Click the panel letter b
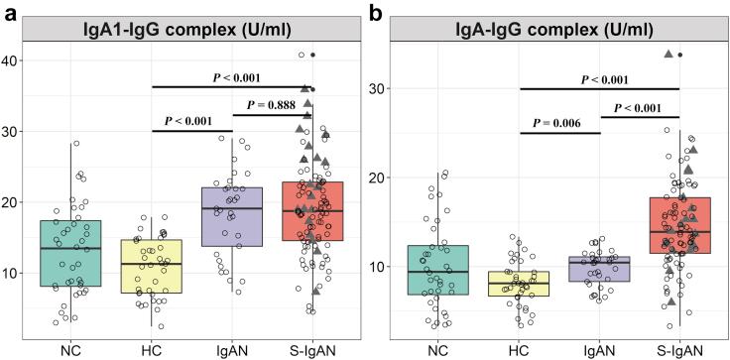click(x=376, y=12)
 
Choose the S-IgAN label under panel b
click(x=678, y=349)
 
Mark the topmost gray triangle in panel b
click(x=669, y=54)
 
